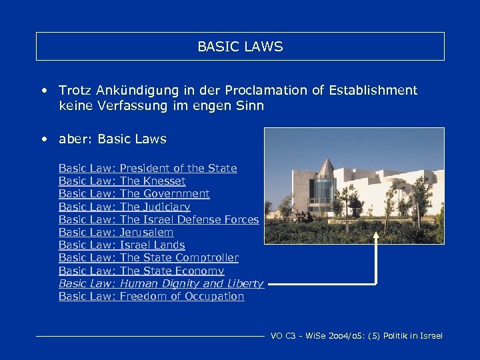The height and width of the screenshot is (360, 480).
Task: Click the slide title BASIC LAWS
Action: coord(240,47)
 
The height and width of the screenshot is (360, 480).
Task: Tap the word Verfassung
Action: coord(135,105)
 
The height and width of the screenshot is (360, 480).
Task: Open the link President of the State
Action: coord(178,169)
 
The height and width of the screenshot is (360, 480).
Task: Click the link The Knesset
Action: coord(153,181)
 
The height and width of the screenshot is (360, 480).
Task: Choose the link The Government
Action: coord(165,194)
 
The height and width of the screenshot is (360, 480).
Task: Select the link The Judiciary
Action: coord(155,207)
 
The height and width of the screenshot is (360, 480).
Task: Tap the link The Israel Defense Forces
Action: coord(189,219)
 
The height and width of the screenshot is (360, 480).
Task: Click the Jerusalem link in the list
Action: coord(147,233)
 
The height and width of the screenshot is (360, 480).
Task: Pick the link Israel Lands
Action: coord(152,245)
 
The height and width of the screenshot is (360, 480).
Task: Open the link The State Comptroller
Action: coord(179,258)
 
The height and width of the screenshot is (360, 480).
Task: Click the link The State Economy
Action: coord(172,271)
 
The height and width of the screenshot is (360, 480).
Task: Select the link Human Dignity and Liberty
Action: coord(191,284)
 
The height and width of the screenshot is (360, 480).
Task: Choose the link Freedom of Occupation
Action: coord(182,297)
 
